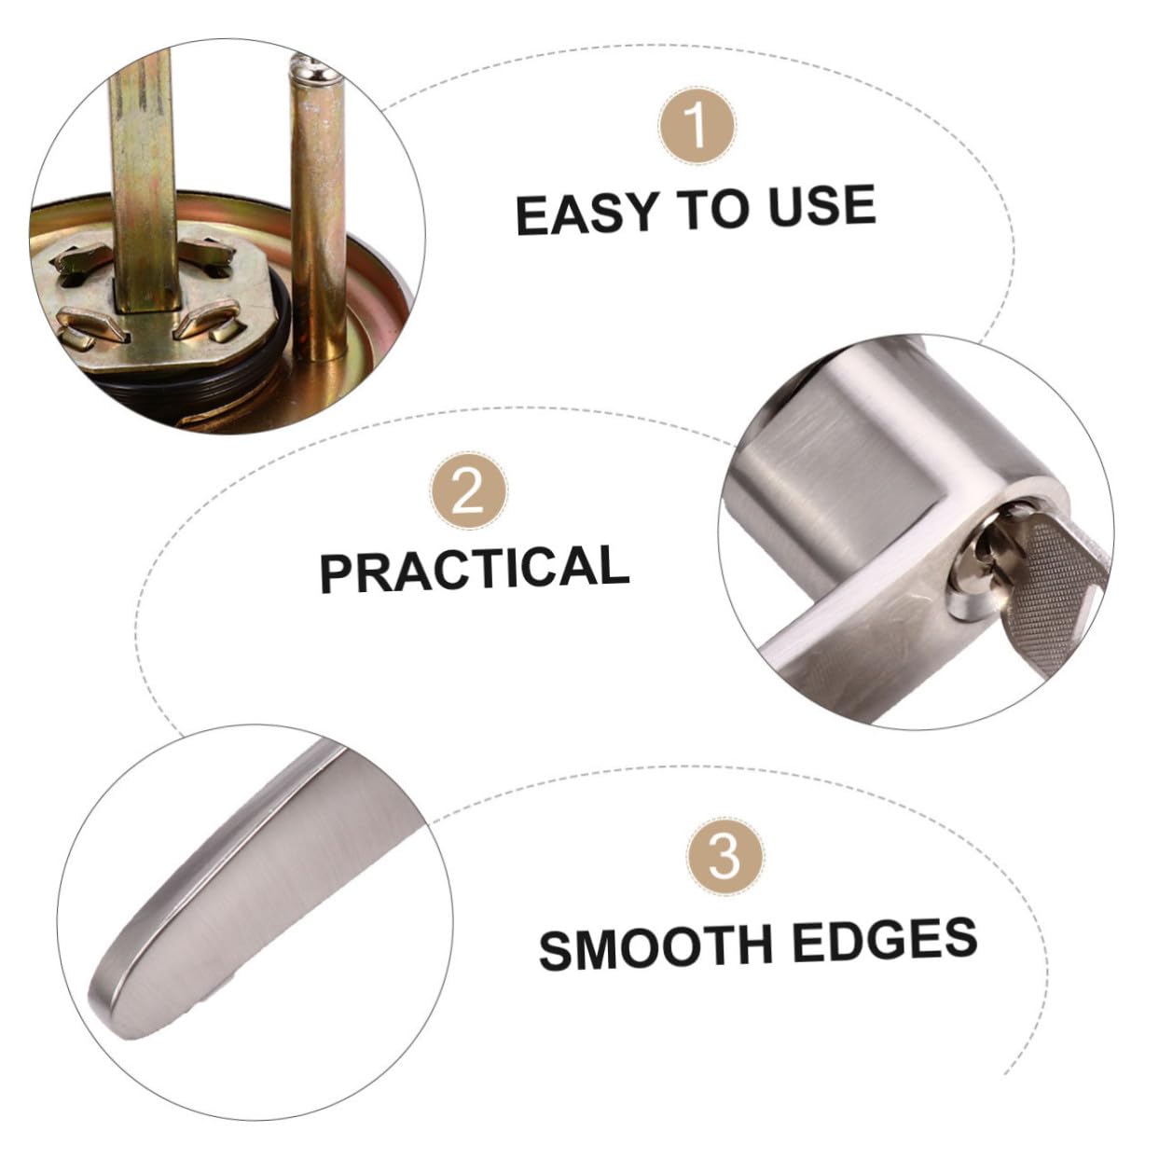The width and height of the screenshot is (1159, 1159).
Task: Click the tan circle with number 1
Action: coord(697,126)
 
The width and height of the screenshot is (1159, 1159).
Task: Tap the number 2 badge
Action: coord(469,490)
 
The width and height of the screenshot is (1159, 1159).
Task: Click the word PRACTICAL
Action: coord(475,569)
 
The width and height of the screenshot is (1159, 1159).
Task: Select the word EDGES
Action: coord(885,941)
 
